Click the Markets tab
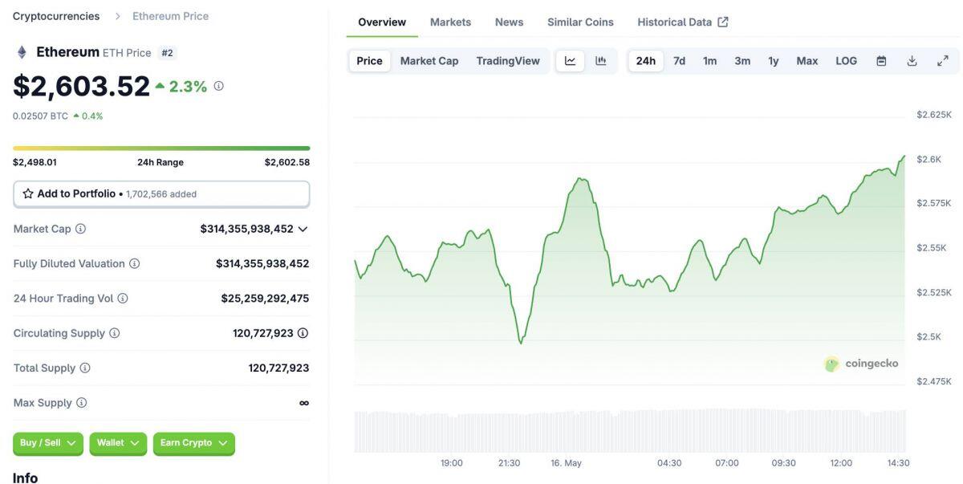tap(450, 22)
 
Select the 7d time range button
tap(679, 61)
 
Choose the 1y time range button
tap(773, 61)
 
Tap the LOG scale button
tap(846, 61)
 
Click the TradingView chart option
tap(507, 61)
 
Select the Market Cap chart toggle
tap(429, 61)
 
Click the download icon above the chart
tap(912, 61)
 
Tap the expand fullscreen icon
tap(943, 61)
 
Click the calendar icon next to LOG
tap(881, 61)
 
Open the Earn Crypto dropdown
tap(193, 443)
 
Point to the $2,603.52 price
tap(81, 87)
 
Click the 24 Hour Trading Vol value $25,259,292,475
tap(265, 299)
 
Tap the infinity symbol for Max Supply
tap(303, 403)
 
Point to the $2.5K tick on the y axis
tap(928, 337)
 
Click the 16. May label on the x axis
tap(566, 463)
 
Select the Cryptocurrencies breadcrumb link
tap(56, 16)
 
